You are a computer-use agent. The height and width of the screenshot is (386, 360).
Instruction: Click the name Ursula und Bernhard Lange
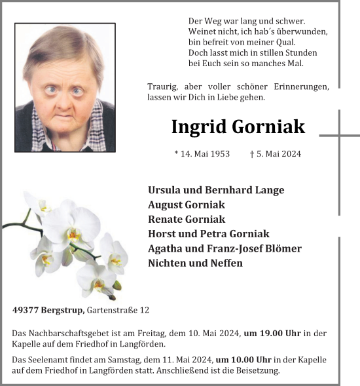(x=216, y=190)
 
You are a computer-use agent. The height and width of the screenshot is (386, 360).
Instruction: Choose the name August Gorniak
(x=186, y=204)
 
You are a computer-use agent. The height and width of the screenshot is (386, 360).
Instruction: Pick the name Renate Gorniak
(x=187, y=219)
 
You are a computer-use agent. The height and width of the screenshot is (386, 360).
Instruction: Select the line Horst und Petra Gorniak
(x=209, y=233)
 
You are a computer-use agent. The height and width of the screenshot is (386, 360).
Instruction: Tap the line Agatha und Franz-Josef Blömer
(x=225, y=248)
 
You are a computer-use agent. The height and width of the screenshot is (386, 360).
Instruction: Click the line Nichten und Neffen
(x=195, y=263)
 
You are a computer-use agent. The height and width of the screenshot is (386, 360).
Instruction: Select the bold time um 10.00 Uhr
(x=244, y=360)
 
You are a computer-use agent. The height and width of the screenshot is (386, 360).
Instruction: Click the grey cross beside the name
(x=339, y=136)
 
